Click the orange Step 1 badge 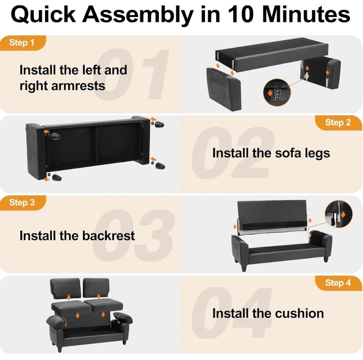pos(23,43)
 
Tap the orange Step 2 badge pos(339,123)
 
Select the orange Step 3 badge pos(23,203)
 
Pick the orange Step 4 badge pos(339,283)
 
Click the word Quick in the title pos(43,15)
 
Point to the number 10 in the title pos(239,15)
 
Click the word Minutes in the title pos(306,15)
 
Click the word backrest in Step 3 pos(109,236)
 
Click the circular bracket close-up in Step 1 pos(277,92)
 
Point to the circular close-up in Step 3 pos(339,213)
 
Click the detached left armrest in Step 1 pos(224,89)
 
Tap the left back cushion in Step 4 pos(65,288)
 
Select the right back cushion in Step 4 pos(96,288)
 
